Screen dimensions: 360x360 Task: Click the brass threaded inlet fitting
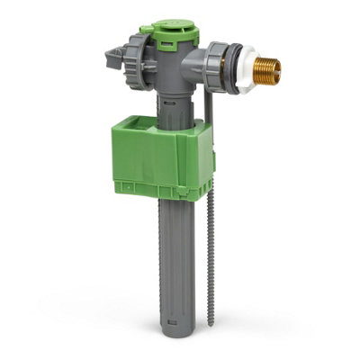click(264, 72)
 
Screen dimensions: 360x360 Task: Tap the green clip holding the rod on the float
click(212, 144)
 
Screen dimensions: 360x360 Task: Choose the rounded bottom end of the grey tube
click(177, 340)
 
